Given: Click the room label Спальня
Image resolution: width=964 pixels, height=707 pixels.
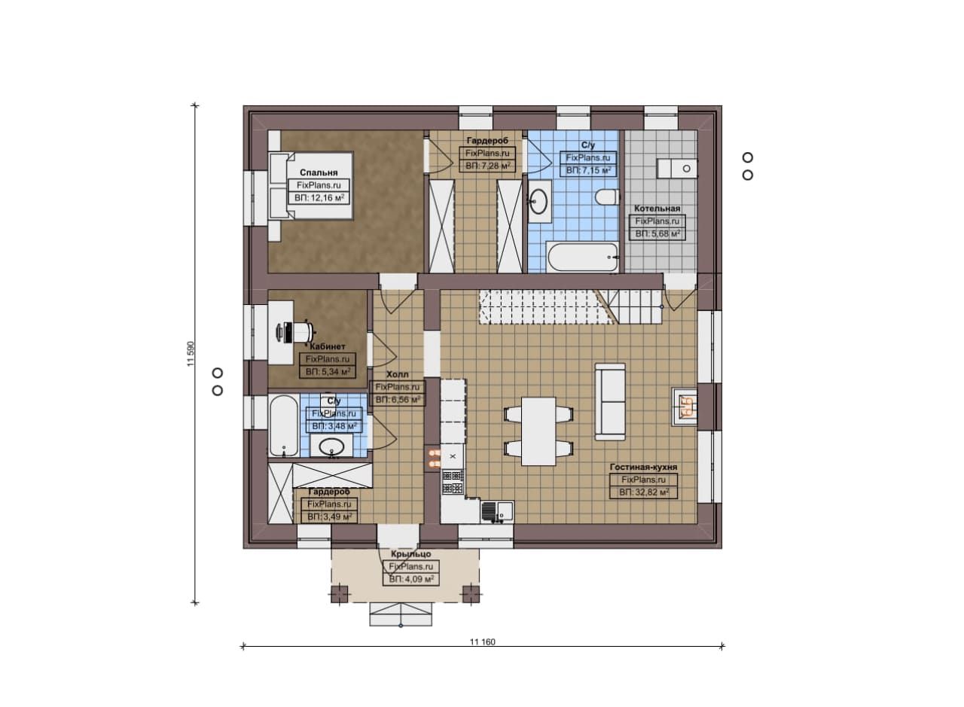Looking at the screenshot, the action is pos(319,172).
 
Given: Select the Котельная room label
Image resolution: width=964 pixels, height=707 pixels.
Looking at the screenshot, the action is pos(657,209).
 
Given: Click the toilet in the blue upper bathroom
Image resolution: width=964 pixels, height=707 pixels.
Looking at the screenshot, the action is pos(607,197).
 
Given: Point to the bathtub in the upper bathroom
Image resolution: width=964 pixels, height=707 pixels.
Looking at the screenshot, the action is pos(582,258).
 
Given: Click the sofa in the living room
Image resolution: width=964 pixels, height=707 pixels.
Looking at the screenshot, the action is pos(610,402).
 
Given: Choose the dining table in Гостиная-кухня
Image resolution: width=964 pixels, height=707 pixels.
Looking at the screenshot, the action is pos(538,431).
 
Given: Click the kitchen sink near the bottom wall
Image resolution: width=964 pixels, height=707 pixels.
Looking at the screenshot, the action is pos(497,512).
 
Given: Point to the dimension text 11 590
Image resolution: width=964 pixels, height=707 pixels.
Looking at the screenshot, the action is pos(191,354).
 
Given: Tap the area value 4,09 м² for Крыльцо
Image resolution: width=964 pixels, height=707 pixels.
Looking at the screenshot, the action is pos(411,580).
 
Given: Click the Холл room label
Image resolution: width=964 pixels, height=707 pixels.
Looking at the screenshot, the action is pos(397,374).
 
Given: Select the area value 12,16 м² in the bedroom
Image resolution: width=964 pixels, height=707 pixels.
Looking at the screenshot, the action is pos(319,198).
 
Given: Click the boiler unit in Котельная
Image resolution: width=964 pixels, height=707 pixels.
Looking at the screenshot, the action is pos(677,168).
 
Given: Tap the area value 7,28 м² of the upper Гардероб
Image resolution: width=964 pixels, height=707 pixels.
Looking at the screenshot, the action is pos(487,166).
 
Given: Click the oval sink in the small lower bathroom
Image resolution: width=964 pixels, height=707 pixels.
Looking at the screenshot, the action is pos(332,446).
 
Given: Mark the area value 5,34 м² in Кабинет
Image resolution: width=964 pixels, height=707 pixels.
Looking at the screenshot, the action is pos(328,372).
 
